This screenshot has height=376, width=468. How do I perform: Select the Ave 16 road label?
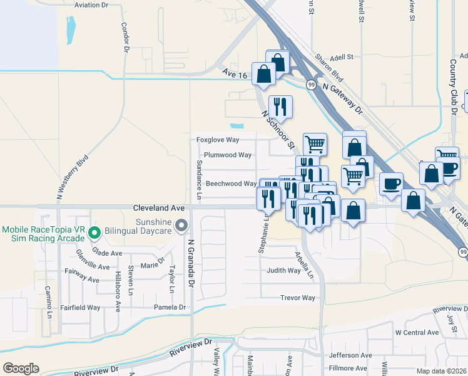click(235, 74)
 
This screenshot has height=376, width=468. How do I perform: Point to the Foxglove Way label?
click(218, 140)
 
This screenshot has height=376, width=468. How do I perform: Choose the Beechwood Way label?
click(231, 184)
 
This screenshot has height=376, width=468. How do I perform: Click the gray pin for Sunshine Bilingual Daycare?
click(182, 224)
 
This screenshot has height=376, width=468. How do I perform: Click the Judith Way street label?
click(283, 271)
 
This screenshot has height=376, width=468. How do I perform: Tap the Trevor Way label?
click(298, 298)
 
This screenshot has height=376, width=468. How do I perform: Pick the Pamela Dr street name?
click(170, 307)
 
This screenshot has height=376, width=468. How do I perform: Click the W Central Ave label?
click(417, 333)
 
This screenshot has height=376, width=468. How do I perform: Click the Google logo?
click(21, 368)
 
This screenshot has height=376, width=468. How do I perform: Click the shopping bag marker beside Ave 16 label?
click(264, 74)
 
